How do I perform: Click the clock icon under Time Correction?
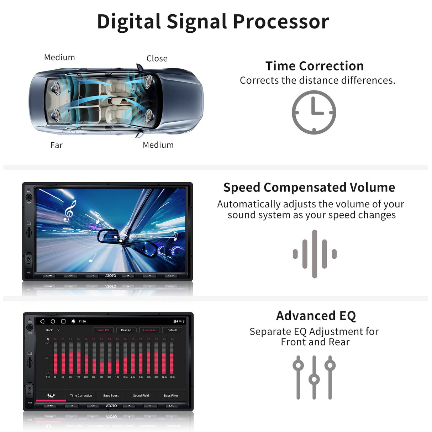coord(314,112)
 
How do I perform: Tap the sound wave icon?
coord(315,254)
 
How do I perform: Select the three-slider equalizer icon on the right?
coord(314,377)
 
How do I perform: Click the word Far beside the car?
coord(56,145)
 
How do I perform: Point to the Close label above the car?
coord(157,58)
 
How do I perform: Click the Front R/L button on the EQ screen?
coord(104,330)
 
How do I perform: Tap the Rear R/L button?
coord(126,330)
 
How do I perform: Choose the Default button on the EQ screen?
coord(172,330)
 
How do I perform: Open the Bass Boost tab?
coord(111,396)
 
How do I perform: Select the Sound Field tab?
coord(141,396)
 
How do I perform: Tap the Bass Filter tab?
coord(171,396)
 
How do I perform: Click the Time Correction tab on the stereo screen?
coord(81,396)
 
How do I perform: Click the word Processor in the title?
coord(281,22)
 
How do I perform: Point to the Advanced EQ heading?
coord(316,316)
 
